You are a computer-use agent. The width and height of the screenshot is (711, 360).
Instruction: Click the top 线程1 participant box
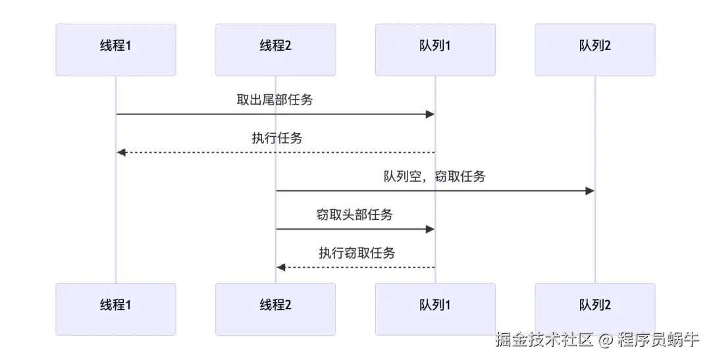tap(116, 50)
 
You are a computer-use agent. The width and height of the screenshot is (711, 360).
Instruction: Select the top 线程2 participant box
tap(275, 50)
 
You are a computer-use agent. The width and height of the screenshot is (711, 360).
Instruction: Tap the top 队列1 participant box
tap(435, 50)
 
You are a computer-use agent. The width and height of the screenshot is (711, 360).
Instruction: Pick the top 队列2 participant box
tap(595, 50)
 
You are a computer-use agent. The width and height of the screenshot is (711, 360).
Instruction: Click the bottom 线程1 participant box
tap(116, 309)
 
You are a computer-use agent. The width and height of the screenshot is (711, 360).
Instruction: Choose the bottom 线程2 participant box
tap(275, 309)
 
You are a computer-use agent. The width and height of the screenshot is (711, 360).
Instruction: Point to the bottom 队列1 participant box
tap(435, 309)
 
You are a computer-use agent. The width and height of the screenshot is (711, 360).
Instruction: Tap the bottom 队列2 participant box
tap(595, 309)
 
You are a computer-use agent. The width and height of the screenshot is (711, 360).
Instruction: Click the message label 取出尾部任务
tap(275, 100)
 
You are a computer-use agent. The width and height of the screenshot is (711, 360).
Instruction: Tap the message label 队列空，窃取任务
tap(434, 176)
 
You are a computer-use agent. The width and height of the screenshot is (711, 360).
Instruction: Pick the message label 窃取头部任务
tap(355, 215)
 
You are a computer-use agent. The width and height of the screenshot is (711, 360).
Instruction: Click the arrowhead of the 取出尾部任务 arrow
tap(431, 115)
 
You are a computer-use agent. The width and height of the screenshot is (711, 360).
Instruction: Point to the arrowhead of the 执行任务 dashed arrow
tap(121, 153)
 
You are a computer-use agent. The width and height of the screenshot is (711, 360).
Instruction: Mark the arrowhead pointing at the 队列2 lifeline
tap(590, 191)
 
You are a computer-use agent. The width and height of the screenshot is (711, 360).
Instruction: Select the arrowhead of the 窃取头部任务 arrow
tap(431, 229)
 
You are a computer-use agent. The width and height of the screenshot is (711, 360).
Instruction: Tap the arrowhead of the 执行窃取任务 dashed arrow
tap(280, 267)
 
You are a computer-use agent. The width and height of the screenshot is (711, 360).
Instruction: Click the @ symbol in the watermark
tap(606, 340)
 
